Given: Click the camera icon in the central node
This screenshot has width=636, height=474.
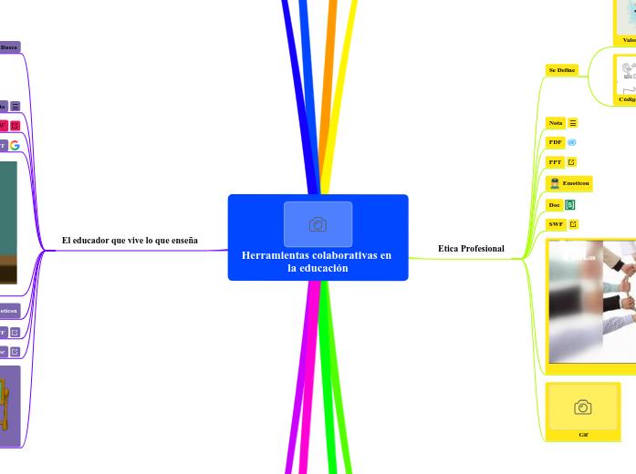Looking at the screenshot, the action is click(318, 224).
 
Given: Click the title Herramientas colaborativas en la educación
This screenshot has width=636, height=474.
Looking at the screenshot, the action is click(317, 262).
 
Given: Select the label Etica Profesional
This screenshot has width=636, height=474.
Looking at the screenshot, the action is click(471, 249).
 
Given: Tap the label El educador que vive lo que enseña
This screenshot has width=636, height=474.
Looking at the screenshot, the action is click(130, 241).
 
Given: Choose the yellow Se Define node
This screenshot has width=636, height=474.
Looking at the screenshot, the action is click(561, 69).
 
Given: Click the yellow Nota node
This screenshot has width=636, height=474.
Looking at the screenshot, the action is click(556, 122).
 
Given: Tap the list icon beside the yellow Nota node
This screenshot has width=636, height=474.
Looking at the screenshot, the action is click(573, 122).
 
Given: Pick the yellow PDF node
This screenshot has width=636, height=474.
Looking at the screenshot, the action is click(556, 142).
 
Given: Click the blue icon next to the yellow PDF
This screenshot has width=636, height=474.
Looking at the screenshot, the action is click(572, 142).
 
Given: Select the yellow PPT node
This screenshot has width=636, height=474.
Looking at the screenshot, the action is click(555, 162).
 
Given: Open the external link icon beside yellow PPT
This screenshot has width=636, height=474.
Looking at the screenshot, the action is click(571, 162).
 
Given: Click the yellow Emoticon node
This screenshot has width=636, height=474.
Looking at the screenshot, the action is click(568, 183).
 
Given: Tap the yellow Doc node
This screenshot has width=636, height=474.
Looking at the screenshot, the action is click(555, 205).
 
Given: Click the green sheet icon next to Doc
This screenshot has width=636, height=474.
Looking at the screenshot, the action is click(570, 205).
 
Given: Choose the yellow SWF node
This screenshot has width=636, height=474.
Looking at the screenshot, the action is click(556, 223).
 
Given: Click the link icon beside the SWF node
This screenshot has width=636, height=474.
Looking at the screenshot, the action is click(573, 223).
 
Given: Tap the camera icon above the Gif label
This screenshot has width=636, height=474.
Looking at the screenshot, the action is click(582, 407).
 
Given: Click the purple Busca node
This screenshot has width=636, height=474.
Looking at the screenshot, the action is click(9, 46).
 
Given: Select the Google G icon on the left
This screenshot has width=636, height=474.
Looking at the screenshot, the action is click(15, 145).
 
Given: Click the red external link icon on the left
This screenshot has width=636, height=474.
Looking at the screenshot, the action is click(15, 126).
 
